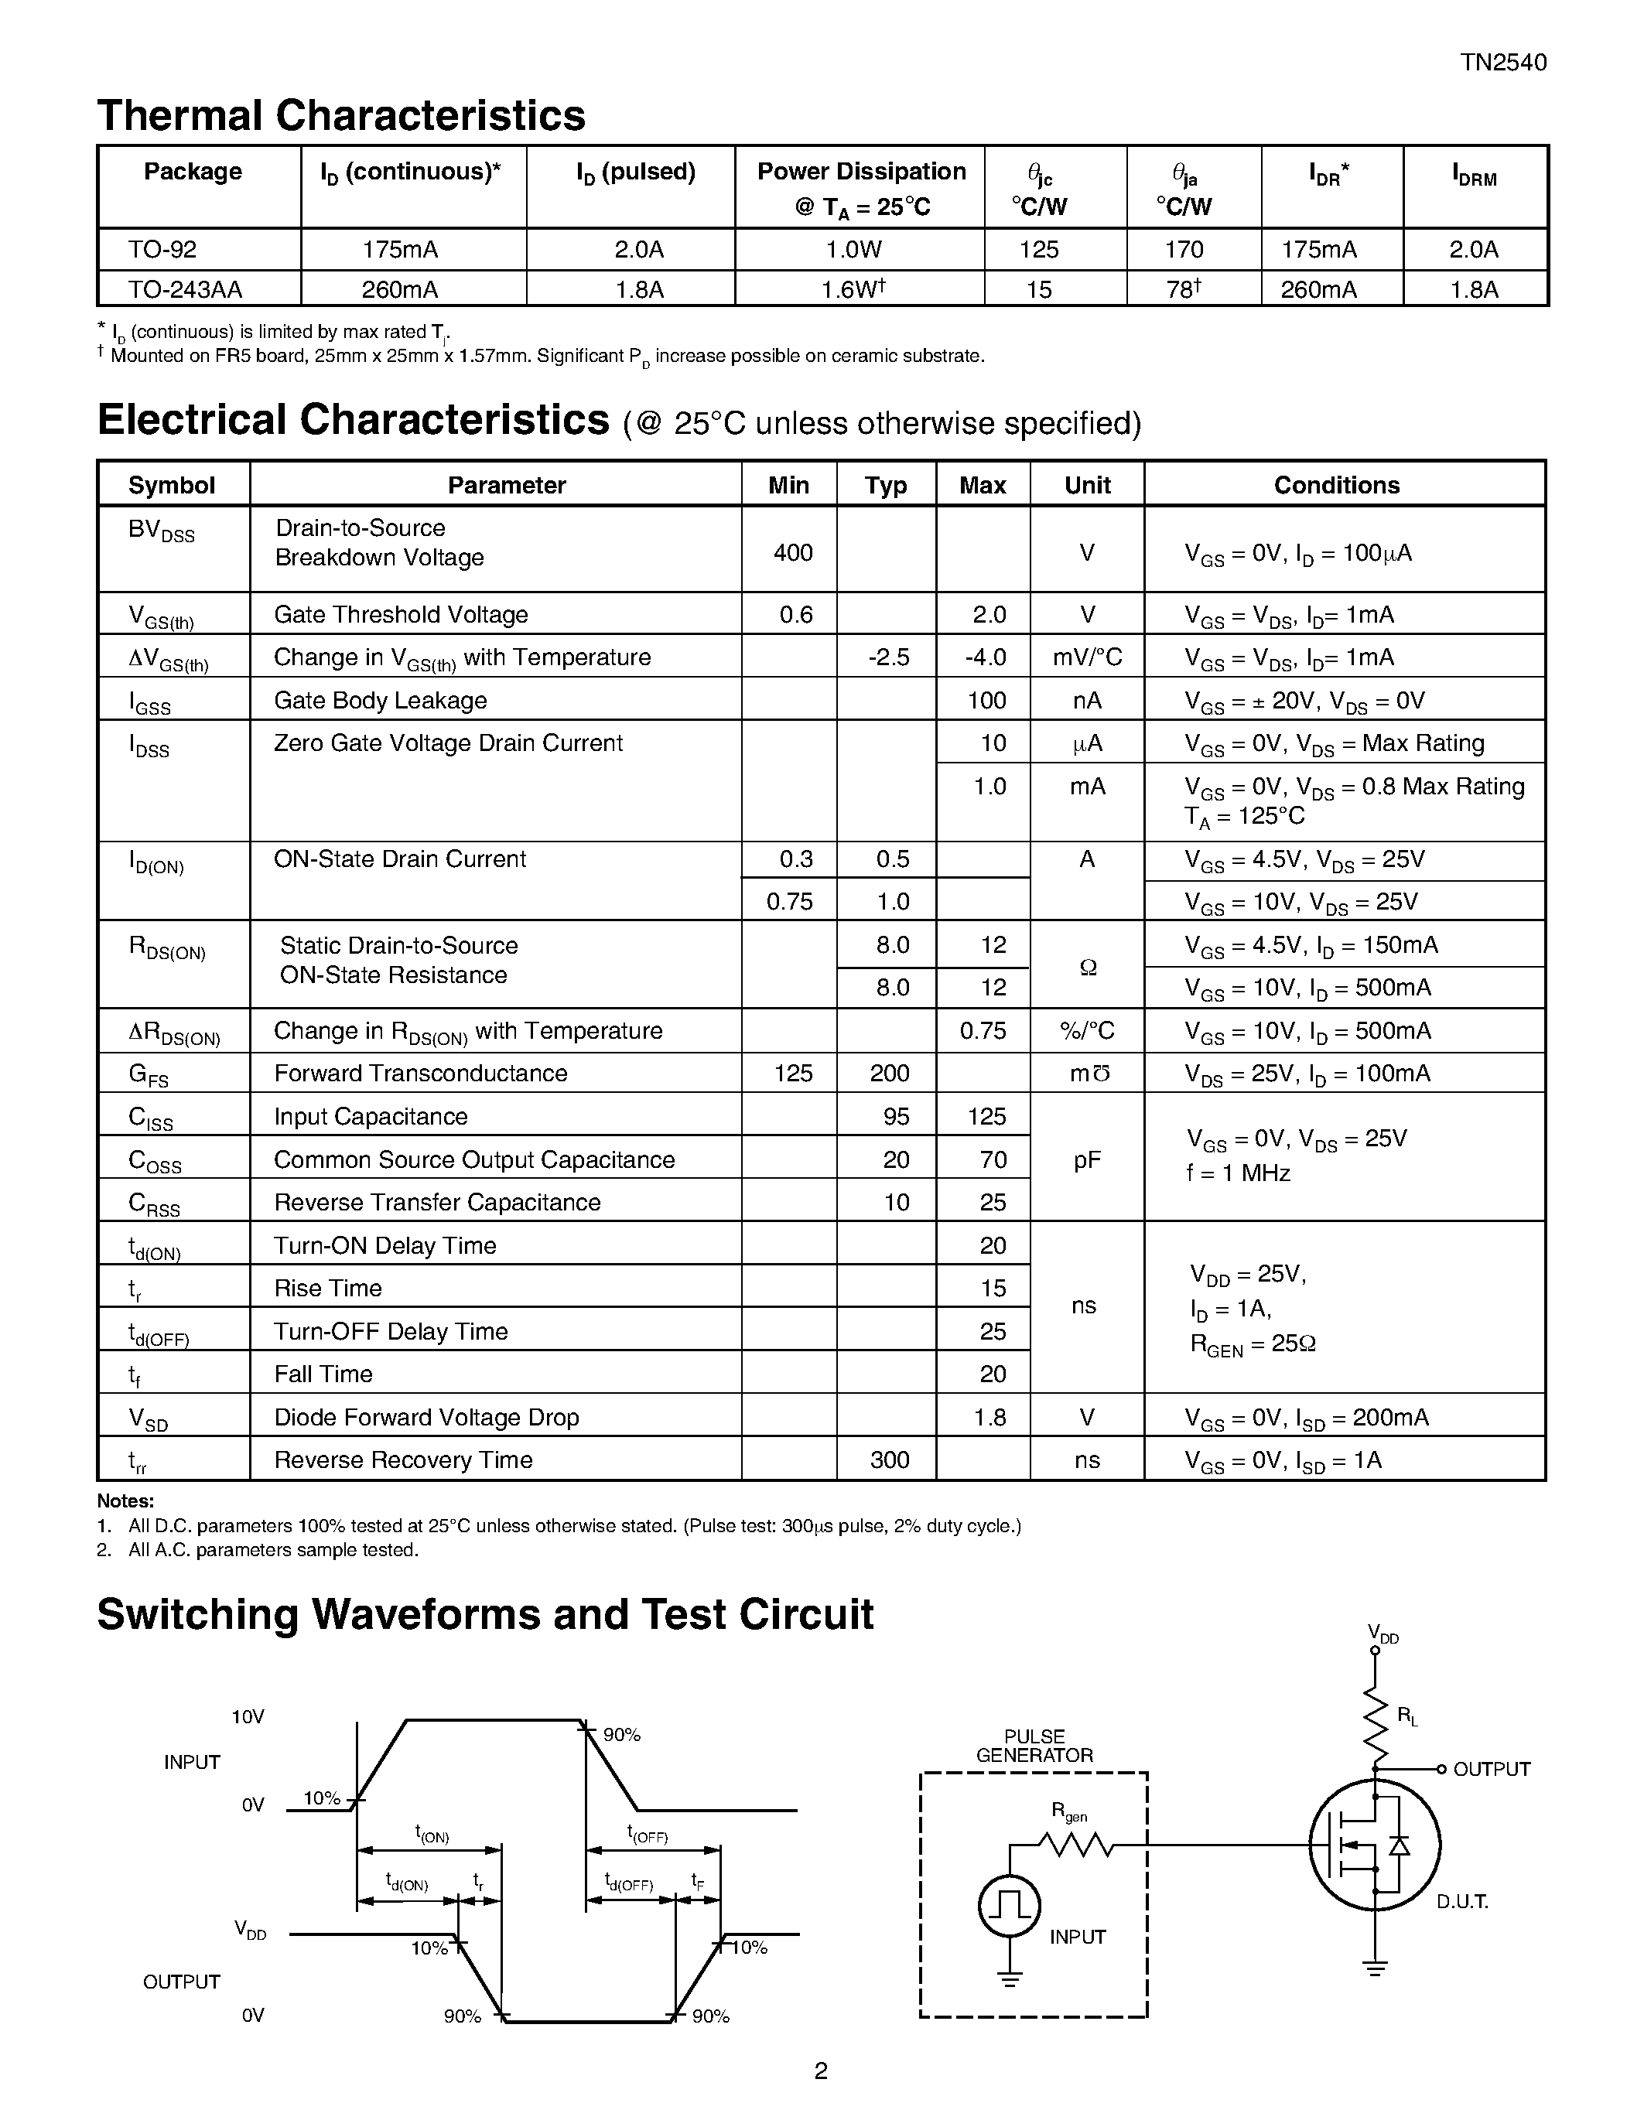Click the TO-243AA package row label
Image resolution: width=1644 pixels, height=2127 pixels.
pos(185,289)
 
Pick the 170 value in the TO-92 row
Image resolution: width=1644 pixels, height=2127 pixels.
pos(1184,249)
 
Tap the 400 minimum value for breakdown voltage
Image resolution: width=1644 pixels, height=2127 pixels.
pos(793,552)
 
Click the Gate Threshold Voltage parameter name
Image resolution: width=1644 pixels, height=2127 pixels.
pos(400,615)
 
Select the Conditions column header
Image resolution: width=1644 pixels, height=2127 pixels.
pos(1336,485)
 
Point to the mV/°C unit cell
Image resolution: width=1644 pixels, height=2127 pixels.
pos(1087,657)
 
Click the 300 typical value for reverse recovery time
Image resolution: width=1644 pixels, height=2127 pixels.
pos(889,1460)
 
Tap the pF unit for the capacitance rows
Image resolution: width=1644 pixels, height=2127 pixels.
pos(1087,1159)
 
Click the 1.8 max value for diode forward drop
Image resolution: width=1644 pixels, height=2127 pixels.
pos(989,1417)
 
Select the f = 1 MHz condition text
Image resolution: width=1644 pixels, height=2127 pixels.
pos(1238,1173)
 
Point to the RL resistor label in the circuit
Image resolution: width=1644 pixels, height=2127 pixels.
pos(1407,1718)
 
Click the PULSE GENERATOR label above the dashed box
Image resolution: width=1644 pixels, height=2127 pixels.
pos(1034,1746)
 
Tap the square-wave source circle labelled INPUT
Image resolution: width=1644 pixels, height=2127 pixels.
pos(1008,1906)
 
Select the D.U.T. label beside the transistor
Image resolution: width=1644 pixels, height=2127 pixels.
pos(1462,1902)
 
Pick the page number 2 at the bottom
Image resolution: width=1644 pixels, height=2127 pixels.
pos(820,2071)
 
